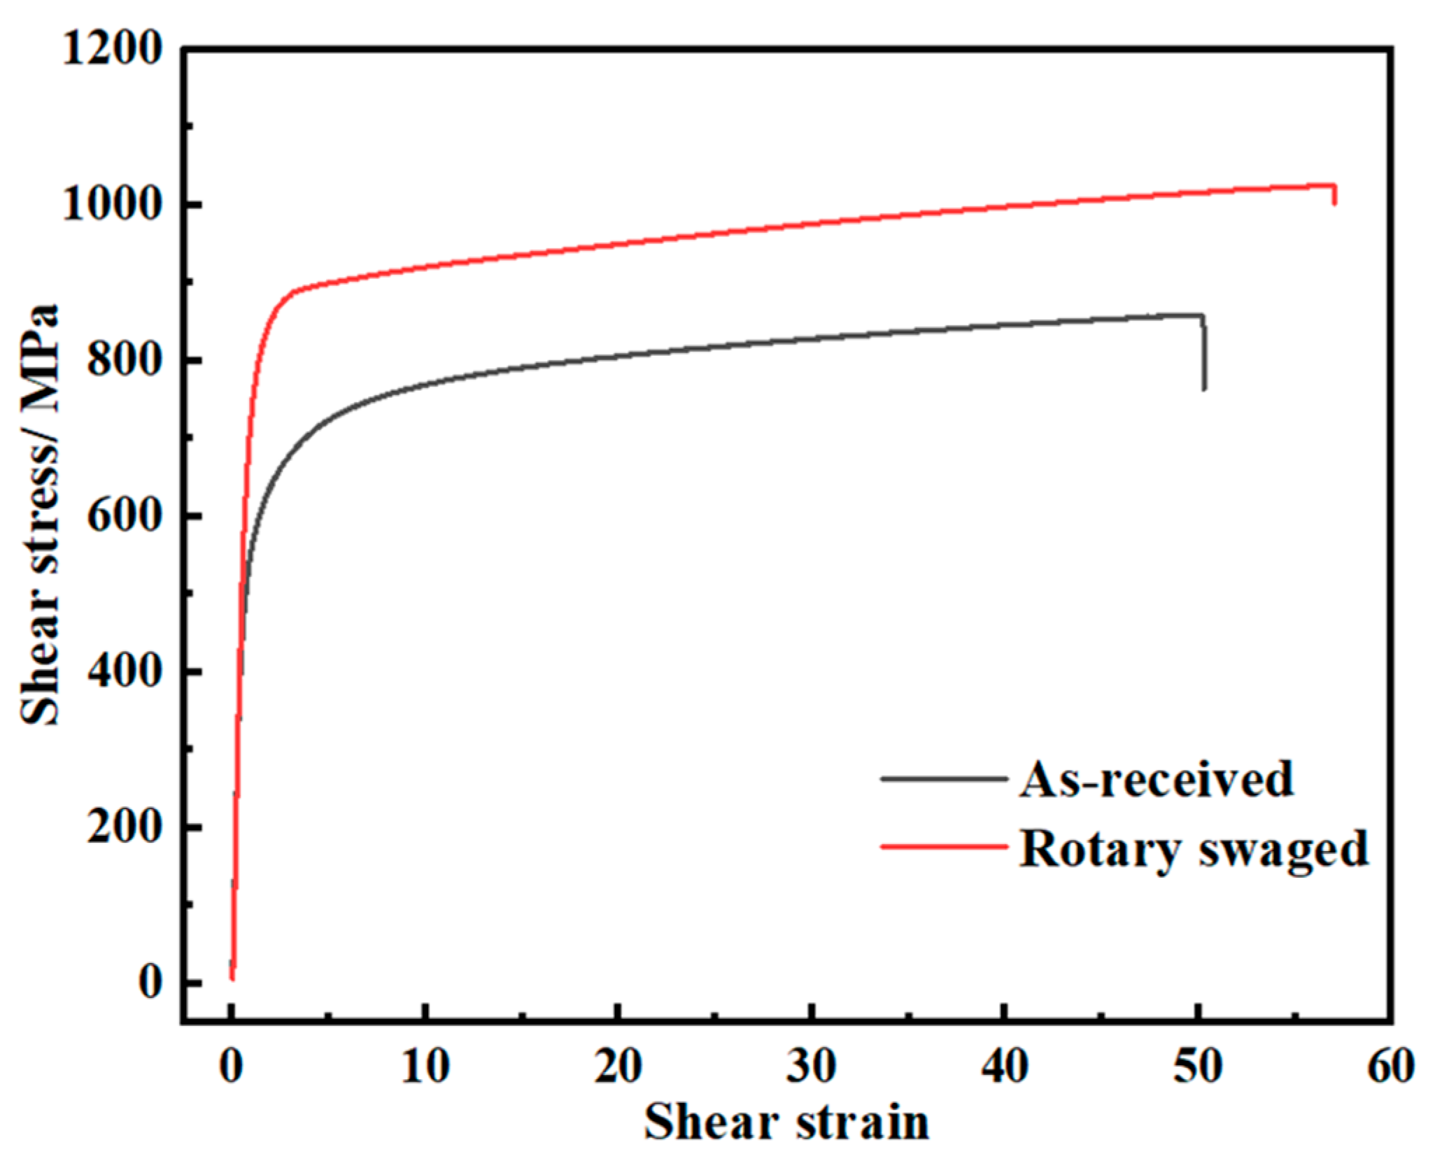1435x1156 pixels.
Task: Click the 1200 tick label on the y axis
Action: point(112,50)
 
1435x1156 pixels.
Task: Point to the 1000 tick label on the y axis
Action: point(112,206)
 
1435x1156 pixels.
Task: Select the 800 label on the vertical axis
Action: point(124,362)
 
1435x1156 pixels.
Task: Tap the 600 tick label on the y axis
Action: point(124,517)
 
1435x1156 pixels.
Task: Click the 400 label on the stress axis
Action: point(124,672)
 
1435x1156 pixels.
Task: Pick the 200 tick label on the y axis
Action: point(124,827)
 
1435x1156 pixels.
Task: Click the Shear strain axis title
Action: point(786,1122)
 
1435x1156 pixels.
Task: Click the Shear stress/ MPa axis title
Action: point(40,514)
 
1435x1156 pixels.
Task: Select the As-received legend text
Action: point(1156,779)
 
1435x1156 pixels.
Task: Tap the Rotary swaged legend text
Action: point(1193,848)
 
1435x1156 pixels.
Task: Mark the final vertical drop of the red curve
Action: point(1335,194)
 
